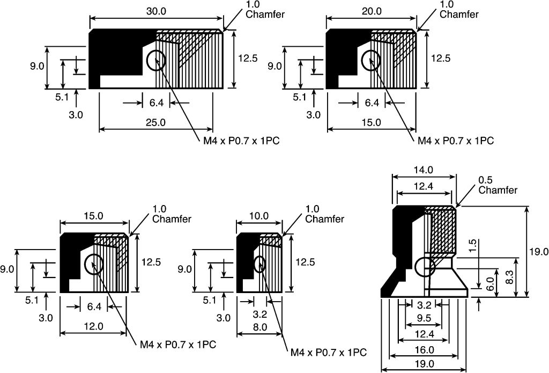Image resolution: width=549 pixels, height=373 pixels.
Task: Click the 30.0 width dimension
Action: pos(156,11)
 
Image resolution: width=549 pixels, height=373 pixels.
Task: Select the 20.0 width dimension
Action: pos(372,11)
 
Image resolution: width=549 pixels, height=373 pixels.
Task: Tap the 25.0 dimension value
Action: pos(156,122)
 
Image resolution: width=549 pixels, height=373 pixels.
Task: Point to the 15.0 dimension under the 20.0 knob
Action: pos(371,122)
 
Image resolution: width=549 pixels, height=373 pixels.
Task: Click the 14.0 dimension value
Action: pos(424,170)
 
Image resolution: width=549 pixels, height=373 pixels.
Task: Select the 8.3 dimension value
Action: pos(510,277)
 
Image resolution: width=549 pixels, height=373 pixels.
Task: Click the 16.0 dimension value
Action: pos(425,350)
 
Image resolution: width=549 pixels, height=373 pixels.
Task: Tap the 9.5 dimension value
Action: pos(424,318)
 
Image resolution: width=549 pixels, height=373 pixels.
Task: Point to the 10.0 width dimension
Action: pos(259,216)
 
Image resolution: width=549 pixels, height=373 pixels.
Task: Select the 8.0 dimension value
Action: pos(259,327)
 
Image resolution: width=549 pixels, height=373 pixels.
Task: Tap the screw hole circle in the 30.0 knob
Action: pos(155,61)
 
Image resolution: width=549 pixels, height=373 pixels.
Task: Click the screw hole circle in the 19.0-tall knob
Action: pos(425,267)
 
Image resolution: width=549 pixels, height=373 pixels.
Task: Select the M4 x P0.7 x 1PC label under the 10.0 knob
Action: pos(329,352)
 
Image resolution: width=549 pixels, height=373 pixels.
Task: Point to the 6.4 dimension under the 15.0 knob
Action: pos(94,307)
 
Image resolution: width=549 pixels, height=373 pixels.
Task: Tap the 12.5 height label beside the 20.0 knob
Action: pos(441,58)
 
